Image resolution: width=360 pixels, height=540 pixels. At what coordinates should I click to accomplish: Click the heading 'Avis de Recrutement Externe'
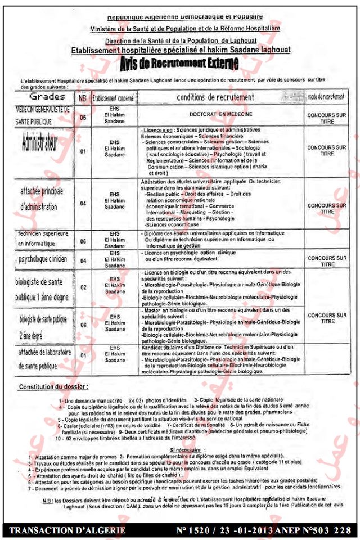(x=179, y=62)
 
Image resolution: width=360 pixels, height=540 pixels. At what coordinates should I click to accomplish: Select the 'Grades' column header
(x=47, y=97)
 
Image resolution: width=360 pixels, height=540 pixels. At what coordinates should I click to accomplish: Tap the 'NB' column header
(x=83, y=97)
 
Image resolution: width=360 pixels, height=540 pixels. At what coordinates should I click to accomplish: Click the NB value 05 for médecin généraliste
(x=83, y=118)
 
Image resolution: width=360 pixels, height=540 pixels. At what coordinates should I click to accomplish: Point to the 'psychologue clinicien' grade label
(x=43, y=259)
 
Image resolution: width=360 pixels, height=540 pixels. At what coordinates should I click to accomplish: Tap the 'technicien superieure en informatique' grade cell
(x=43, y=239)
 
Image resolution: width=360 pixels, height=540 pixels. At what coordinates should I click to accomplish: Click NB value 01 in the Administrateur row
(x=83, y=151)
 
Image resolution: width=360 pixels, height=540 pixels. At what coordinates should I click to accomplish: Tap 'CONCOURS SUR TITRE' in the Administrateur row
(x=327, y=150)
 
